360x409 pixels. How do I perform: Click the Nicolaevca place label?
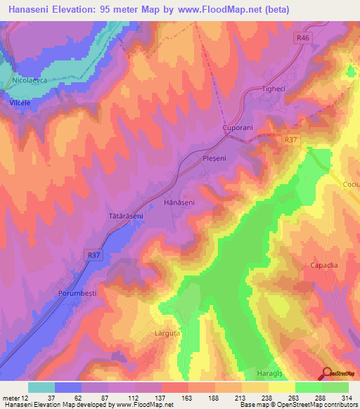pyautogui.click(x=29, y=82)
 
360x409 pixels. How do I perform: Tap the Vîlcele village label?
pyautogui.click(x=21, y=103)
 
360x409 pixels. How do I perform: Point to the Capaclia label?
pyautogui.click(x=324, y=265)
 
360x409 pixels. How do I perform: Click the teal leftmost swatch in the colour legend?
pyautogui.click(x=41, y=387)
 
